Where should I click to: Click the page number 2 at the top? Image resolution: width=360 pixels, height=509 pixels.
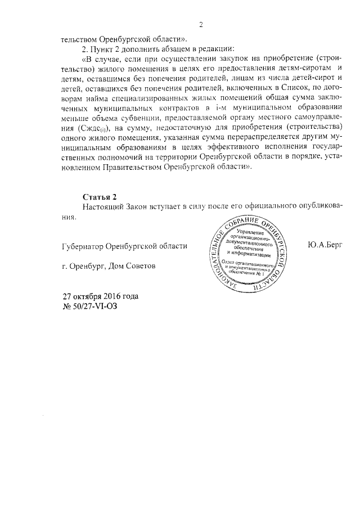coord(201,24)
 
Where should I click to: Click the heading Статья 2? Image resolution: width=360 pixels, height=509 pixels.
coord(99,197)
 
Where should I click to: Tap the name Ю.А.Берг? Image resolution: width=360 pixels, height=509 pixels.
coord(326,245)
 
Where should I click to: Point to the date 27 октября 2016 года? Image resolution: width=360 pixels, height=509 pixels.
coord(100,296)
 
